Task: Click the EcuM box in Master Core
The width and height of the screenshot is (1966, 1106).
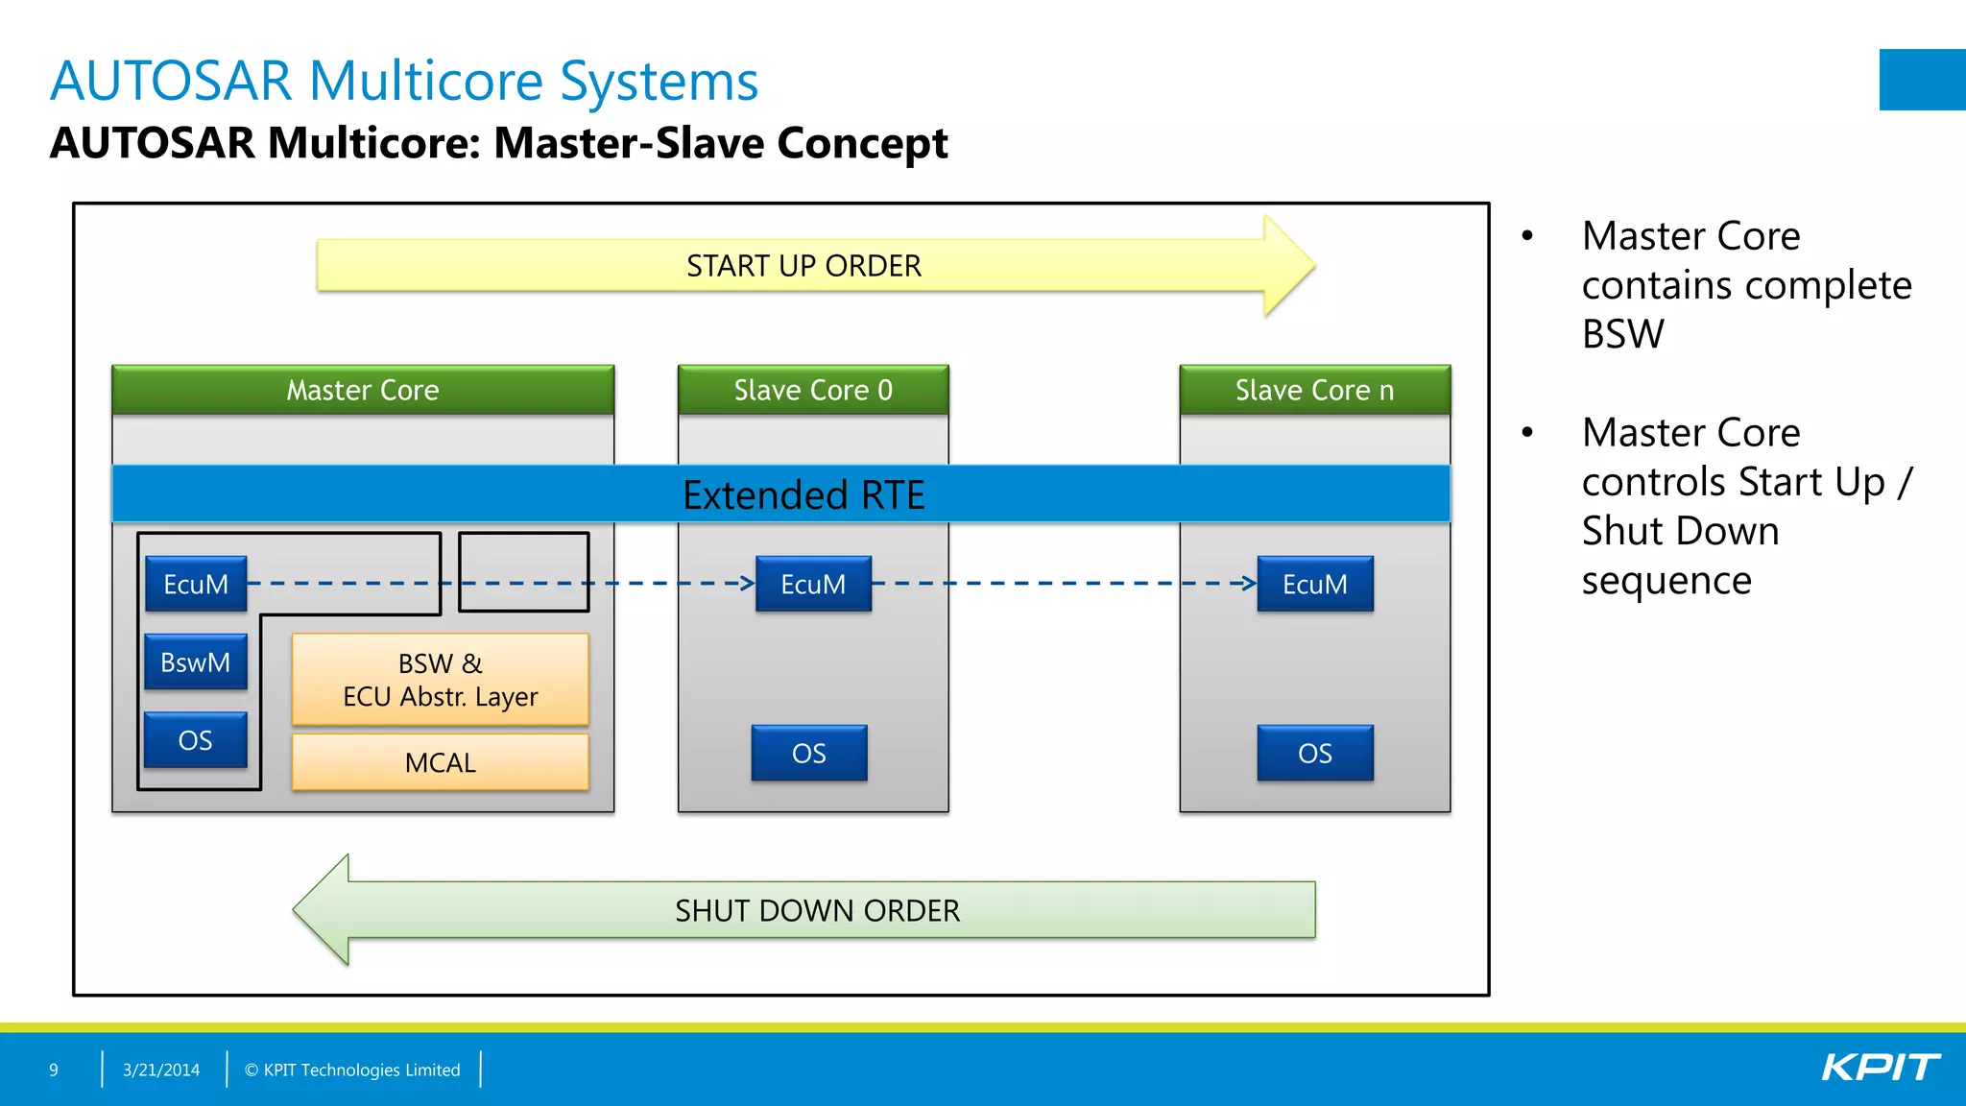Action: [x=196, y=584]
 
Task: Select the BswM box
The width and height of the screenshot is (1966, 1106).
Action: [x=196, y=662]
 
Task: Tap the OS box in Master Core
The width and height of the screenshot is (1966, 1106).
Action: [x=196, y=740]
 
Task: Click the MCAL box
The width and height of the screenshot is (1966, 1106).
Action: [x=440, y=762]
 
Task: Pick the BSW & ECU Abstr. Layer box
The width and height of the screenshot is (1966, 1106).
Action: [x=440, y=680]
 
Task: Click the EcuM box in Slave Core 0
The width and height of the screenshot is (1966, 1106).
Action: [x=813, y=584]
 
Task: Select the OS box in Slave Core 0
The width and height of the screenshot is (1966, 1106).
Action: [x=809, y=753]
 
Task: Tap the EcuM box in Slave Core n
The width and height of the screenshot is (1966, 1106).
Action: [x=1315, y=584]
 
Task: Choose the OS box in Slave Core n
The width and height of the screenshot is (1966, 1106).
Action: [x=1315, y=753]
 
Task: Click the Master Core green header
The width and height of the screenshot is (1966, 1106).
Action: [x=363, y=390]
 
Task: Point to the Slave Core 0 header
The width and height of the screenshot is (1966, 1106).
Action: [x=813, y=390]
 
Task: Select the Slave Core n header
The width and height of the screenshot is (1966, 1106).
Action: [x=1314, y=390]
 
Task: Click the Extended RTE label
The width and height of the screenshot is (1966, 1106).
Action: [x=803, y=495]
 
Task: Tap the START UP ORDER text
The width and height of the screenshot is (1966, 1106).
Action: [x=803, y=266]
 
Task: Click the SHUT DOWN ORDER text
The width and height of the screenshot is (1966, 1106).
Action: [x=817, y=910]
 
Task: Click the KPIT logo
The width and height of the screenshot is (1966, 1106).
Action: [x=1880, y=1068]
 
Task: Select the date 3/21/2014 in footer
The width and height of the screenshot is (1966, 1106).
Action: [x=161, y=1070]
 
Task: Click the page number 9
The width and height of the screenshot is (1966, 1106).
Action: [x=54, y=1070]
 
